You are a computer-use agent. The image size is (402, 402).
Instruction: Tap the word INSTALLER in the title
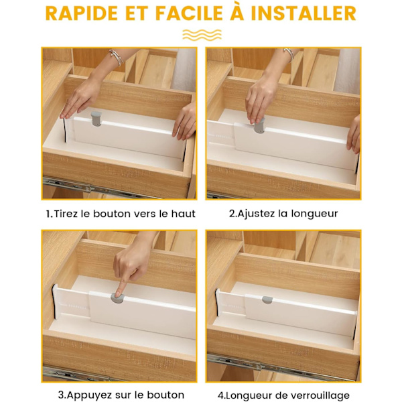[x=304, y=13]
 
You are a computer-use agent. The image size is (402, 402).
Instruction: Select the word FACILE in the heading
[x=189, y=13]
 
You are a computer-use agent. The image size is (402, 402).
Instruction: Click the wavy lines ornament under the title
[x=202, y=35]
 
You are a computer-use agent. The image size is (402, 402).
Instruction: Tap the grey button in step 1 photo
[x=96, y=119]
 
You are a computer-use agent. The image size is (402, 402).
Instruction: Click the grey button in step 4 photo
[x=267, y=300]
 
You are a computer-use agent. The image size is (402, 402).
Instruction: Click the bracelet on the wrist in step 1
[x=116, y=57]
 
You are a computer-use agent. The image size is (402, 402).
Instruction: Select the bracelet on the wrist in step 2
[x=289, y=55]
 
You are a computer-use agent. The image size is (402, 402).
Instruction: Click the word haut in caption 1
[x=184, y=214]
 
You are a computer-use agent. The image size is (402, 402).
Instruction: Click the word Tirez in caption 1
[x=66, y=214]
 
